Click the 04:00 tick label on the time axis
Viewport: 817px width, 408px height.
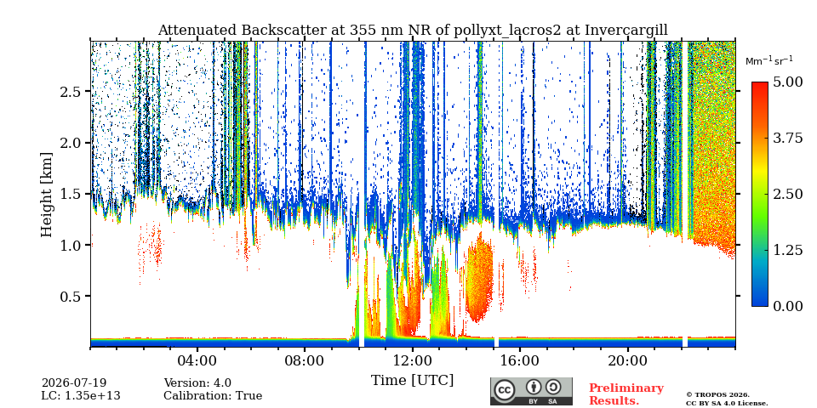pyautogui.click(x=197, y=360)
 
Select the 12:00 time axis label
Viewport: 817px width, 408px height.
pyautogui.click(x=413, y=360)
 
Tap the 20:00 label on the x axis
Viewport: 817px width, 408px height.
pyautogui.click(x=627, y=360)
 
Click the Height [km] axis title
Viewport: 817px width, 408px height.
pyautogui.click(x=47, y=195)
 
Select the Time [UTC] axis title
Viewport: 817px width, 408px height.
pyautogui.click(x=412, y=381)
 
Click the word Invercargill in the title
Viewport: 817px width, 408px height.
pyautogui.click(x=626, y=31)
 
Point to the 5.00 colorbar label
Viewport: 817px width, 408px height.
pyautogui.click(x=788, y=82)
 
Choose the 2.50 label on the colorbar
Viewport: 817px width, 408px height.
pyautogui.click(x=788, y=194)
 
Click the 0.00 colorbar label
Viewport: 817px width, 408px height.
pyautogui.click(x=788, y=306)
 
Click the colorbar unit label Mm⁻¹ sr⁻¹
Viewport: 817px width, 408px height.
pyautogui.click(x=769, y=61)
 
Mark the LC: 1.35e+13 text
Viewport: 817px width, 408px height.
pyautogui.click(x=81, y=396)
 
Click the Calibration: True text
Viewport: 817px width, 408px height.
pyautogui.click(x=213, y=396)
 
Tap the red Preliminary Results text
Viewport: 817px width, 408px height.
pyautogui.click(x=626, y=394)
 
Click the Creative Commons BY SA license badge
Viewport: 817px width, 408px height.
pyautogui.click(x=531, y=391)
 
